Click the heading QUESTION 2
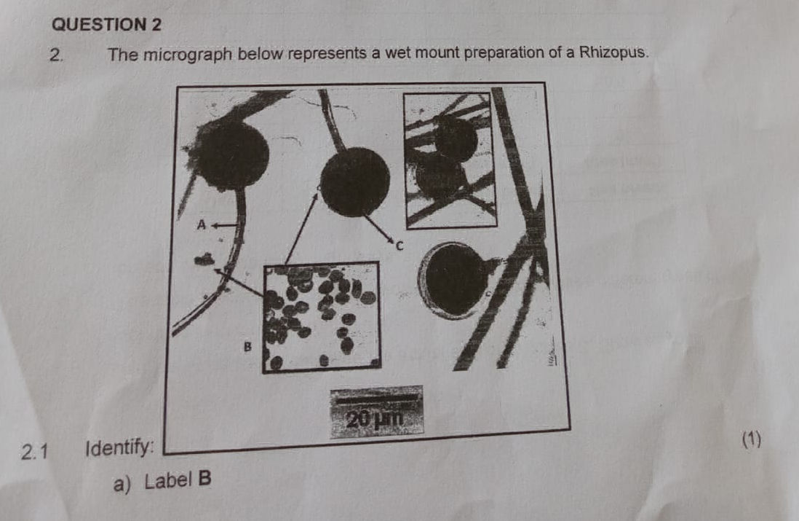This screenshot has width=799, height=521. (107, 24)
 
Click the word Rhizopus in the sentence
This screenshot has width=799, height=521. (610, 53)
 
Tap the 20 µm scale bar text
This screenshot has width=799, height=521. (375, 419)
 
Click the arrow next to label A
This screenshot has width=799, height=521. (219, 225)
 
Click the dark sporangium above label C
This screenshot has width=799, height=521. (355, 181)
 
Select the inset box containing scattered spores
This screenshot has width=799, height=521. (321, 316)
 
